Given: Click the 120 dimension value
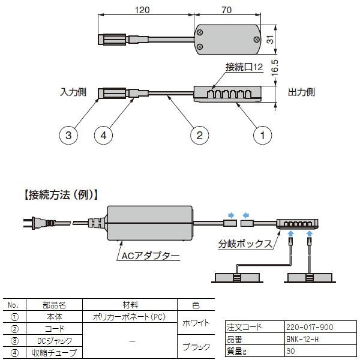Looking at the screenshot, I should (x=143, y=10).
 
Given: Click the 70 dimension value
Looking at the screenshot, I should (x=226, y=10).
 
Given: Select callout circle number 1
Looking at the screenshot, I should (x=261, y=136).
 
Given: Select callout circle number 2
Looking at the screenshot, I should (x=199, y=136).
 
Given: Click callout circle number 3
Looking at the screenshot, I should (x=68, y=136).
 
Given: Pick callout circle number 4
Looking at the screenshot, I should (x=104, y=136).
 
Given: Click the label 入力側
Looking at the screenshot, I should (x=73, y=92).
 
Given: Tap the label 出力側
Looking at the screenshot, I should (x=301, y=92).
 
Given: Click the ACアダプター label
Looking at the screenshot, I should (x=150, y=256).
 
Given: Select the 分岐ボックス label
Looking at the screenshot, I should (x=245, y=244).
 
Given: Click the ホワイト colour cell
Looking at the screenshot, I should (x=196, y=323).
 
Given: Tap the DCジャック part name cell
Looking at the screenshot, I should (x=54, y=341).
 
